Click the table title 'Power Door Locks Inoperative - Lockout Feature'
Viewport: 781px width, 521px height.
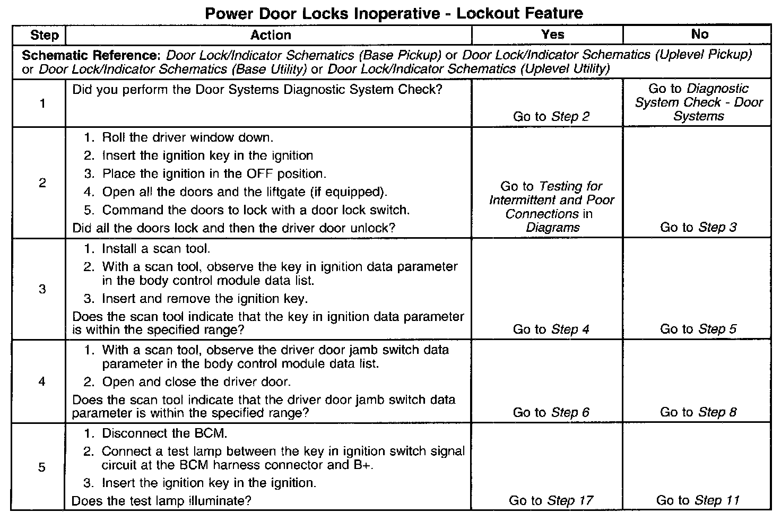(x=394, y=13)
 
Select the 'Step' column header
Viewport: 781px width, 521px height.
(x=45, y=35)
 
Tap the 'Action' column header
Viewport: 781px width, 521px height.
(x=271, y=35)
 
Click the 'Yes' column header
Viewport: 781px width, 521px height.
(x=552, y=34)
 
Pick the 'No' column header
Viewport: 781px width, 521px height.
(x=699, y=34)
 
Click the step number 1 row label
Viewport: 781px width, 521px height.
(x=42, y=103)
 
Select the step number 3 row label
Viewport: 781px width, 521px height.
(x=42, y=289)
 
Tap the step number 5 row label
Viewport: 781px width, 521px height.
(x=42, y=467)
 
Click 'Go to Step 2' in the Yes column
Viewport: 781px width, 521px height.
(x=551, y=117)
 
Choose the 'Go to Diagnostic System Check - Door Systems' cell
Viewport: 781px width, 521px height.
(x=699, y=102)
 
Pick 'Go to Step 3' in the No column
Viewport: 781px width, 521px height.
(x=698, y=228)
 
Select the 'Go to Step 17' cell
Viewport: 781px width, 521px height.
(x=551, y=500)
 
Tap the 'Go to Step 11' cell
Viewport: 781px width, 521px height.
(x=698, y=500)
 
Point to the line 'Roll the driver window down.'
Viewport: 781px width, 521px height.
(x=187, y=138)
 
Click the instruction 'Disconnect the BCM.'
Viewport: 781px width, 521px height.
(x=164, y=433)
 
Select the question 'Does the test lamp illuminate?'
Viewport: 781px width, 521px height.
(x=161, y=501)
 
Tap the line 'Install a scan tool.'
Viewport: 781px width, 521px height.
(x=156, y=249)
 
